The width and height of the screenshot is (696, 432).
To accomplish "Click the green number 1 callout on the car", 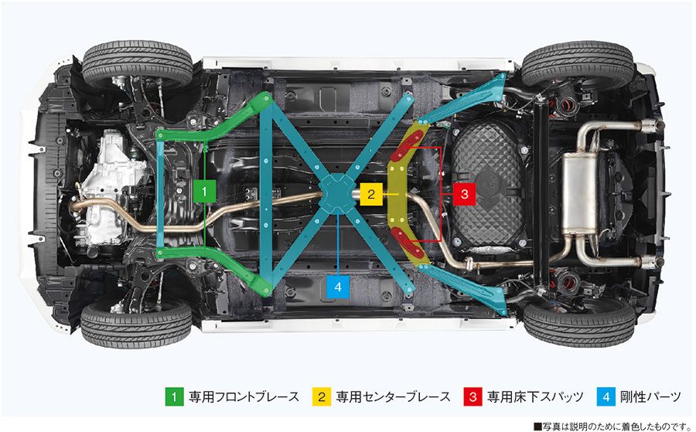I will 203,189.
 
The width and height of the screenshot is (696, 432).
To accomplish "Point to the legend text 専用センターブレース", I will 393,396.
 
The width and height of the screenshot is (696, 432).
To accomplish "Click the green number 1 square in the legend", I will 174,396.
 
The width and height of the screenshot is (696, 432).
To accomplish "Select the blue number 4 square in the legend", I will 607,396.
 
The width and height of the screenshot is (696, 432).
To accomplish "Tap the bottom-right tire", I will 578,319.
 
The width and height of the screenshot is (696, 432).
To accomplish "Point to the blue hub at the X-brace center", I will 337,191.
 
